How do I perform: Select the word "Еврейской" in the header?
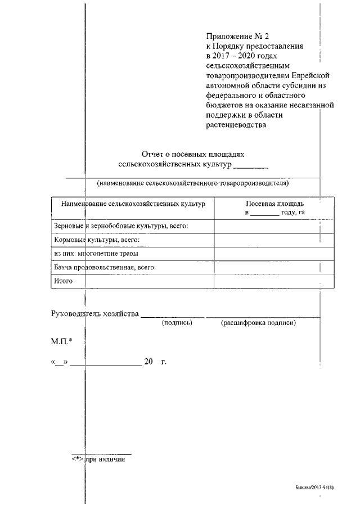click(x=308, y=75)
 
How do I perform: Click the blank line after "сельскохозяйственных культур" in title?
click(x=251, y=165)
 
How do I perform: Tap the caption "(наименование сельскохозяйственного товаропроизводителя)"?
click(x=193, y=183)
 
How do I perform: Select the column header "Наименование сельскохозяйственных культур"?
click(x=133, y=203)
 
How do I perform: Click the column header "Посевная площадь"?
click(x=275, y=204)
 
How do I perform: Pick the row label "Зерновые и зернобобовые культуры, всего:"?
click(x=120, y=226)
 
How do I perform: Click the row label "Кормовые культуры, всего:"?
click(x=96, y=240)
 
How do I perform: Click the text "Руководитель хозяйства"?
click(x=94, y=313)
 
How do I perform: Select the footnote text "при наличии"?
click(x=105, y=459)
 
